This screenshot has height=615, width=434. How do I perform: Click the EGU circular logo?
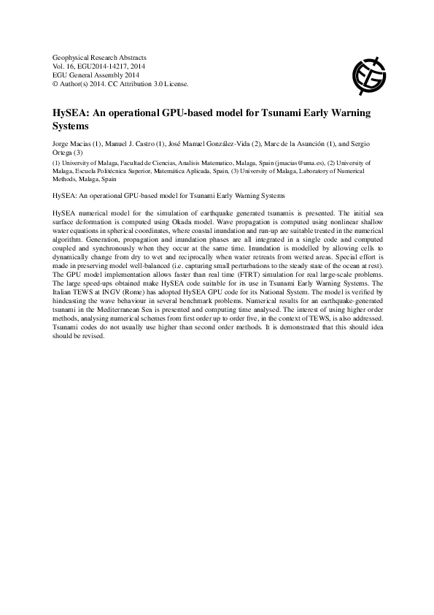coord(368,71)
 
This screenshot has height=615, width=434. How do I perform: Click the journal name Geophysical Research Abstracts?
coord(100,57)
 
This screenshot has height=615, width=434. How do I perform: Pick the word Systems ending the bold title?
coord(73,126)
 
